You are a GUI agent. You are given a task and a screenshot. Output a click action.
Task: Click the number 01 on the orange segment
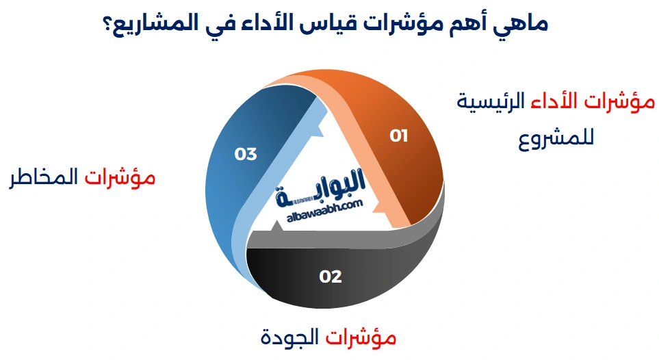[399, 136]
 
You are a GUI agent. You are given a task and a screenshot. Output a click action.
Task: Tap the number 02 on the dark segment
[331, 277]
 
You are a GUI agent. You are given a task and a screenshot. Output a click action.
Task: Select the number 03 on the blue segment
[245, 154]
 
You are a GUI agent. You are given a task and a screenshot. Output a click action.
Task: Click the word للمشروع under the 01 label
[555, 137]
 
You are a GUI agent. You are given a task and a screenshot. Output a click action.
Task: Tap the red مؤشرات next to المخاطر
[120, 179]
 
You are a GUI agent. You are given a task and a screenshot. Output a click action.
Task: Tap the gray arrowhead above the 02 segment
[263, 240]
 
